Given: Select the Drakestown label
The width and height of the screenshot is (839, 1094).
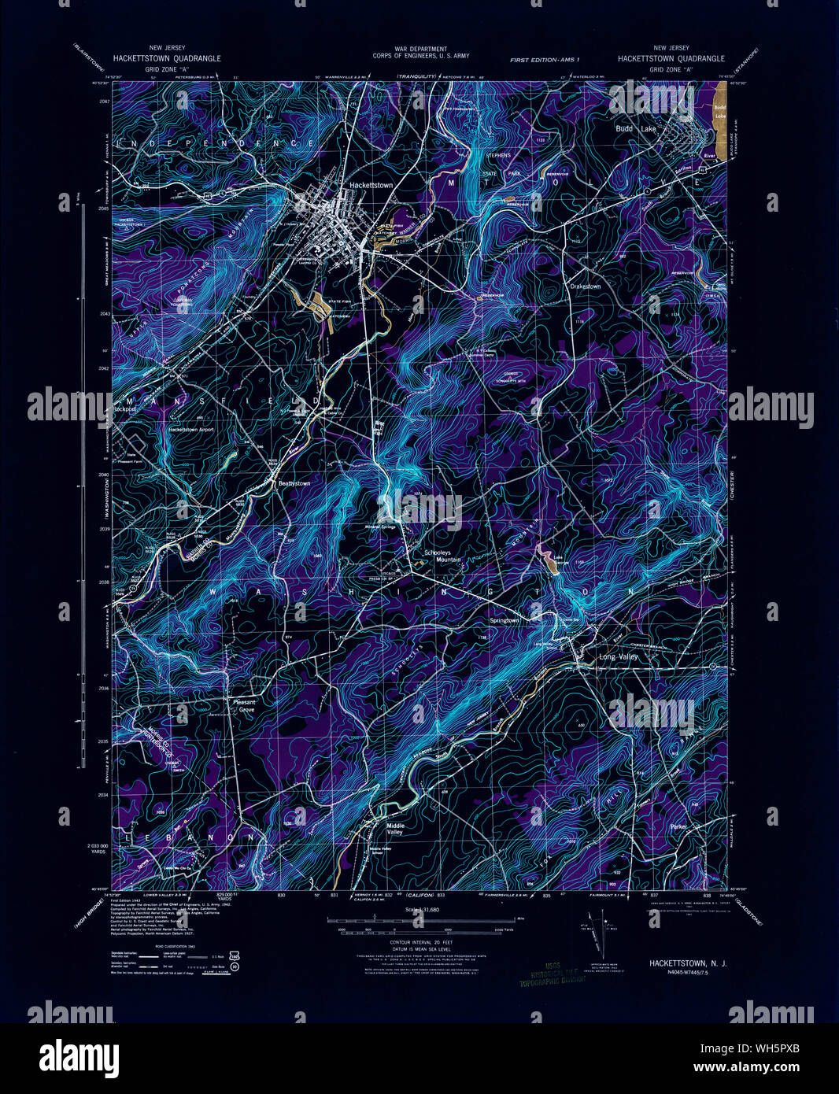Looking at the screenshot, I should click(x=586, y=286).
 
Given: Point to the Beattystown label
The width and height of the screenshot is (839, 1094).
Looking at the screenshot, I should click(x=291, y=482).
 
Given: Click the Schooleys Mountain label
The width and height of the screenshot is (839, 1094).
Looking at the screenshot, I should click(x=442, y=556).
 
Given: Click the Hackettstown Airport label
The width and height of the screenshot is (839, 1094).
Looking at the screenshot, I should click(x=190, y=430).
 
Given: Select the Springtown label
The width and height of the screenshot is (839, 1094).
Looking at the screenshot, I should click(x=505, y=620).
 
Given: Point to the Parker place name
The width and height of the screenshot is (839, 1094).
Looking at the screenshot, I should click(x=679, y=827).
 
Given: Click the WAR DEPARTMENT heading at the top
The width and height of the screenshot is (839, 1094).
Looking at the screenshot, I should click(x=420, y=49).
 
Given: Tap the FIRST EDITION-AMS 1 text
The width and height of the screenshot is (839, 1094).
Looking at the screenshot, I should click(x=544, y=60).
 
